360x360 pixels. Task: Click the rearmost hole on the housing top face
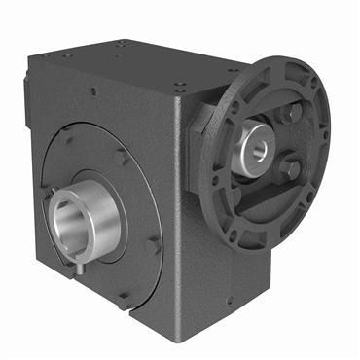click(x=122, y=43)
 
